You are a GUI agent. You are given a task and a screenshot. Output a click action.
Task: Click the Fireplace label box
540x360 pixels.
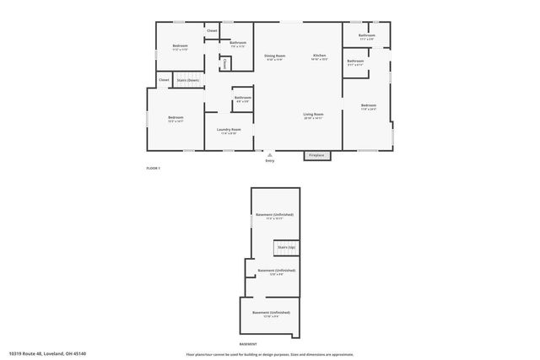coord(316,155)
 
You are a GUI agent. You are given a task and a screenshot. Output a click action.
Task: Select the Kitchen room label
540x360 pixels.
coord(320,55)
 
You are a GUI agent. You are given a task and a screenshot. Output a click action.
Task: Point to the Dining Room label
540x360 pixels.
coord(276,56)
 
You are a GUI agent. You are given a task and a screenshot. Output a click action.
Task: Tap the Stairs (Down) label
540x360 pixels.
coord(186,80)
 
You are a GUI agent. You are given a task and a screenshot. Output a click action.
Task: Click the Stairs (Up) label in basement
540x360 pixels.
coord(286,247)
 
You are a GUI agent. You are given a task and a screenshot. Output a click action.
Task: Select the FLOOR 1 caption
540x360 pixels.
coord(154,169)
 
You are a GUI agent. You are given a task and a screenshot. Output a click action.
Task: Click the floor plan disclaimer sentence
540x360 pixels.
coord(269,353)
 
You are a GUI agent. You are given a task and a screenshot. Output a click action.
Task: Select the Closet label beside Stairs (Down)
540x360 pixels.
coord(164,80)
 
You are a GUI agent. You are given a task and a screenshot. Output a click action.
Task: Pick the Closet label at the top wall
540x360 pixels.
coord(212,30)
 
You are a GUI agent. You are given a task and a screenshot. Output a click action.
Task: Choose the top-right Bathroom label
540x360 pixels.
coord(366,35)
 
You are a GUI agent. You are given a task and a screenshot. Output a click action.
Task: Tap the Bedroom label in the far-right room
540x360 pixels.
coord(368,106)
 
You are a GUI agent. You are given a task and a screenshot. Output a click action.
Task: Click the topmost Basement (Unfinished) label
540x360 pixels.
coord(275,215)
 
